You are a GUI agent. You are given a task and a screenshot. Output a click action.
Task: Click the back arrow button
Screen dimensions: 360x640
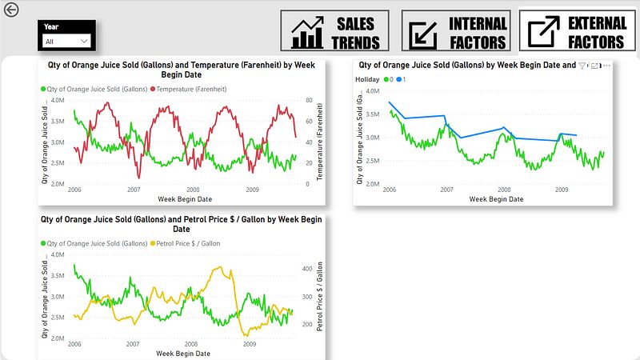(x=10, y=10)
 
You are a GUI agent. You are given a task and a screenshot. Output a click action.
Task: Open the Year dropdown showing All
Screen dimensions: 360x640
(x=66, y=41)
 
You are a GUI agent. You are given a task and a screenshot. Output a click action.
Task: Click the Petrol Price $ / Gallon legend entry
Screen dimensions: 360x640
(x=186, y=243)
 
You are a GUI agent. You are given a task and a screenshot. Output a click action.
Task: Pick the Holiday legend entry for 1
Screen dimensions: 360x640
(x=402, y=79)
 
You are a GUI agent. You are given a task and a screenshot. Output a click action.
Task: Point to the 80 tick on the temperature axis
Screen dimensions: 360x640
(x=308, y=101)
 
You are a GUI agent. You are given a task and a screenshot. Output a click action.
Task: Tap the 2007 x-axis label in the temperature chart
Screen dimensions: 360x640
(x=133, y=190)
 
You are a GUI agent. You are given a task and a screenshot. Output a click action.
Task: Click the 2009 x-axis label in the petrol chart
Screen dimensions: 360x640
(x=251, y=345)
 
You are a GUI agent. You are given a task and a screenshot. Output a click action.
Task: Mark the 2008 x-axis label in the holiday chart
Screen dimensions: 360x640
(x=504, y=190)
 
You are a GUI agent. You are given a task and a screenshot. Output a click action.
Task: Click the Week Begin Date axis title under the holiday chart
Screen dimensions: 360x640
(x=496, y=199)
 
